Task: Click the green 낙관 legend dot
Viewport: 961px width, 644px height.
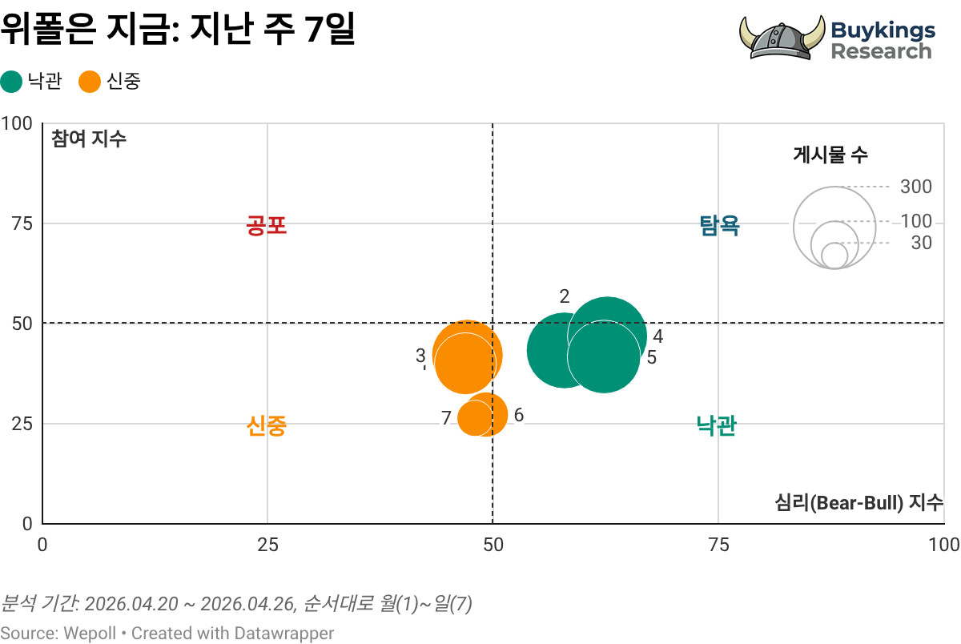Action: coord(11,82)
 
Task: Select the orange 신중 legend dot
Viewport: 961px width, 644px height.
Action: coord(90,82)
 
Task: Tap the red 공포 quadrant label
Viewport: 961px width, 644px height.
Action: coord(267,225)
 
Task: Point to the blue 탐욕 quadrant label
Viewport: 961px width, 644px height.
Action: coord(719,225)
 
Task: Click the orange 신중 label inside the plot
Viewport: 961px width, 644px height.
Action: coord(267,425)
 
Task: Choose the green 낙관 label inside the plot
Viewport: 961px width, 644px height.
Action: coord(717,425)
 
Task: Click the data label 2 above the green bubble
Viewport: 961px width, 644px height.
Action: coord(565,296)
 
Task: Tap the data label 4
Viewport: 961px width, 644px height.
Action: coord(658,336)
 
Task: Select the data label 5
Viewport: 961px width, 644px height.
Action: coord(652,357)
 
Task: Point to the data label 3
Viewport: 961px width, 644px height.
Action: coord(420,356)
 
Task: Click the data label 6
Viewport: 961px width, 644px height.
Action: coord(519,415)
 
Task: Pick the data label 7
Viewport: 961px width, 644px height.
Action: coord(446,417)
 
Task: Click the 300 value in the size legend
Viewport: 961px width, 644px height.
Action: coord(916,187)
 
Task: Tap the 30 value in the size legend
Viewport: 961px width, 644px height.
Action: coord(922,243)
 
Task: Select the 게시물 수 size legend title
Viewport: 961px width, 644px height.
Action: coord(830,155)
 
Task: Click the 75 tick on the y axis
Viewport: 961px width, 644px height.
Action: coord(22,223)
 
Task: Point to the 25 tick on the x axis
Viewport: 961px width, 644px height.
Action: coord(267,545)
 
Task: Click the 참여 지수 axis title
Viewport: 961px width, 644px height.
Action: coord(89,139)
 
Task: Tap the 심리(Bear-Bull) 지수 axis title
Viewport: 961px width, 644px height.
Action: coord(858,502)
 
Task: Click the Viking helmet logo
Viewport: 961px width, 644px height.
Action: coord(782,38)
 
